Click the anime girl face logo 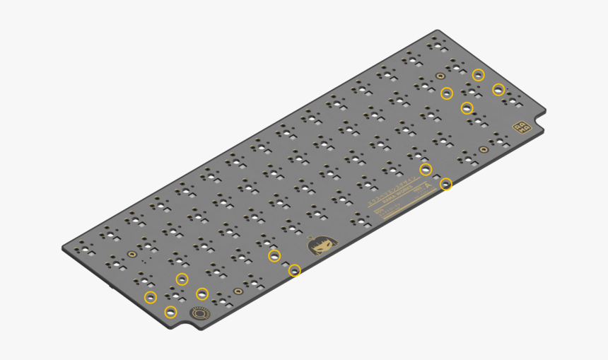[x=322, y=245]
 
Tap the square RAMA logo [x=522, y=127]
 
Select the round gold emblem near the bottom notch [x=200, y=313]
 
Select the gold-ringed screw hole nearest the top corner [x=440, y=75]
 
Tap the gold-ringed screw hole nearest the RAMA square [x=483, y=149]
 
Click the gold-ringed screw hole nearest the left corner [x=131, y=252]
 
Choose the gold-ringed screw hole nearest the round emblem [x=239, y=290]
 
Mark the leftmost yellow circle [x=150, y=297]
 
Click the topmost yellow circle [x=479, y=74]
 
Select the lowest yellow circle [x=170, y=312]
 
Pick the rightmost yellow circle [x=498, y=89]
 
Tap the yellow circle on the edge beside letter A [x=446, y=185]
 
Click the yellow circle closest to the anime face [x=295, y=270]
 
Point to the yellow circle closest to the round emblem [x=202, y=294]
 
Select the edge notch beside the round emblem [x=185, y=327]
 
